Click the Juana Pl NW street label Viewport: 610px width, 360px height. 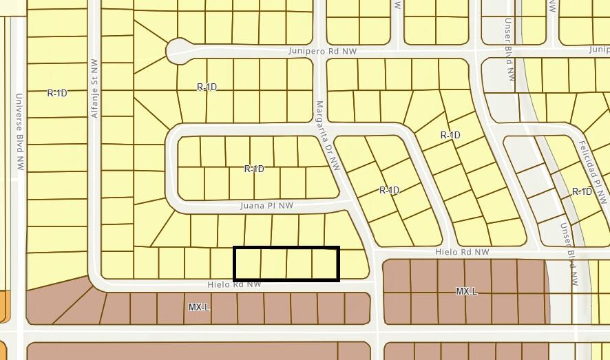[266, 205]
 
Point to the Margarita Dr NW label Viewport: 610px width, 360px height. [328, 136]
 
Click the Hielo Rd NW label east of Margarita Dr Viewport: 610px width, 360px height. [462, 253]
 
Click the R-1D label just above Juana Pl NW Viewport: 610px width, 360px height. [254, 169]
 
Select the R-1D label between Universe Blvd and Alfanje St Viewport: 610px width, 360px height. [57, 93]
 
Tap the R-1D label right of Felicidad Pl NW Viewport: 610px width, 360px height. [582, 191]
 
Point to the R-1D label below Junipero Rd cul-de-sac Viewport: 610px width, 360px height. [207, 87]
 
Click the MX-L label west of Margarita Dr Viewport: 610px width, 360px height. [198, 307]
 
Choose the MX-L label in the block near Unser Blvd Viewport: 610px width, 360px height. [466, 292]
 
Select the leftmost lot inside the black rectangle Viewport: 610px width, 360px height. [248, 264]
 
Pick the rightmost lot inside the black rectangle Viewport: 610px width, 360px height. [325, 264]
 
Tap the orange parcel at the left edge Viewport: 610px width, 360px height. [4, 306]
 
